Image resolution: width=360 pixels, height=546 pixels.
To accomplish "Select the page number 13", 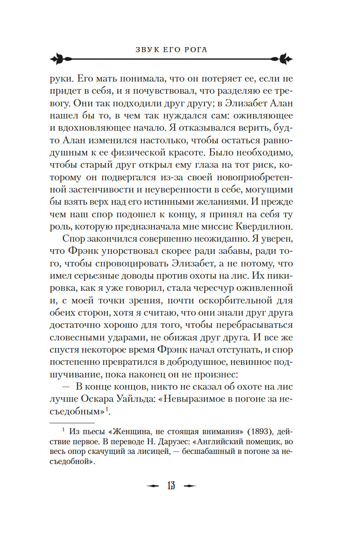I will tap(171, 486).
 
